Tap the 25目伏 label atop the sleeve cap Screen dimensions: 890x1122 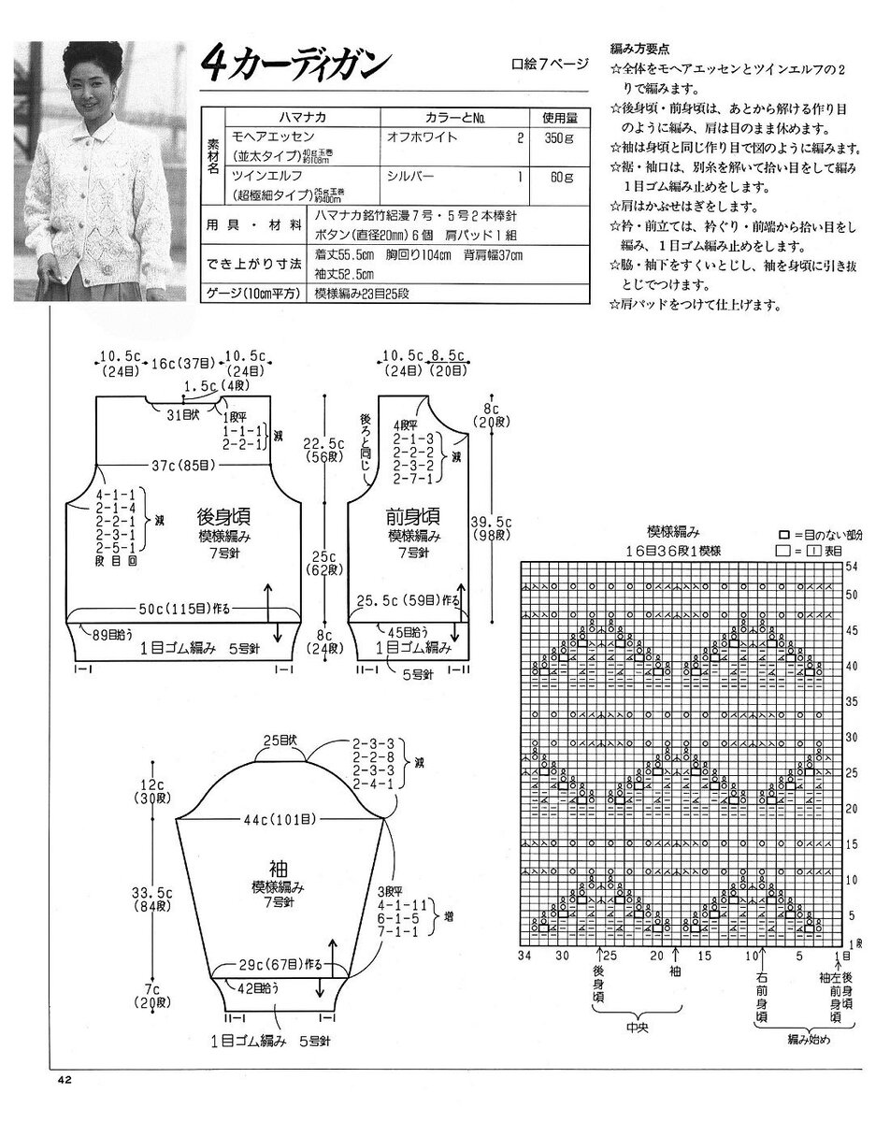point(278,742)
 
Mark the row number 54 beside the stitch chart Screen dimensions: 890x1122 point(852,568)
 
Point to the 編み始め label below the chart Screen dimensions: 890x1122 point(804,1040)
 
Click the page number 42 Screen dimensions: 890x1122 point(64,1081)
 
